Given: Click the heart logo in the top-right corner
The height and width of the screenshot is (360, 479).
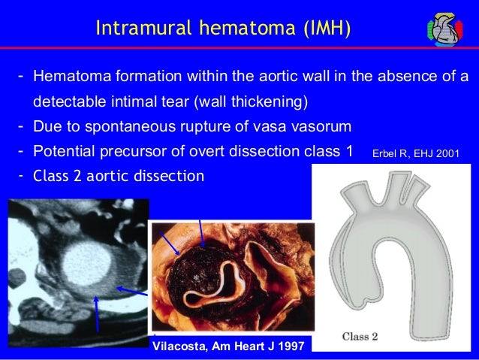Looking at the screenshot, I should point(447,29).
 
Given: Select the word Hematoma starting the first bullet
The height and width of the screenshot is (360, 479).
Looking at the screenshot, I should point(66,77).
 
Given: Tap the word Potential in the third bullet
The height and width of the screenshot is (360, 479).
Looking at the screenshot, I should point(62,150).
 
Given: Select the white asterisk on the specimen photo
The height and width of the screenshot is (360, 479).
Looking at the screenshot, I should point(196,278).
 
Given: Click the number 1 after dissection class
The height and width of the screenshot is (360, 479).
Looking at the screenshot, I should point(348,150).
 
